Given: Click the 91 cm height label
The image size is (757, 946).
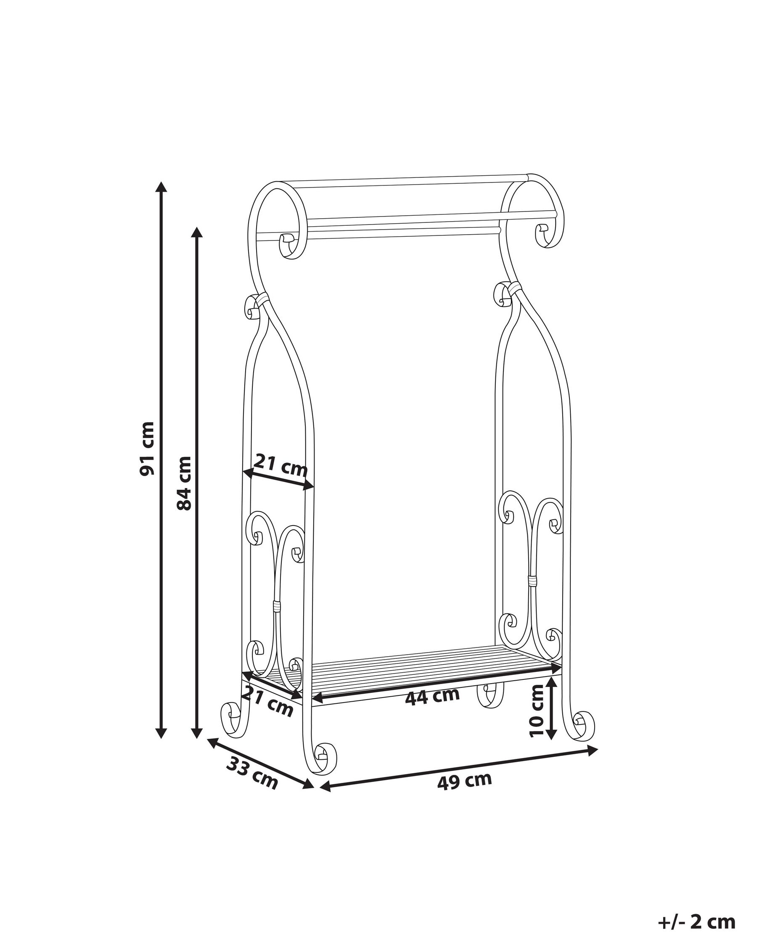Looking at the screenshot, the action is [147, 448].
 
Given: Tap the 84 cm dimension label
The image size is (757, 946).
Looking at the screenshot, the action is [183, 483].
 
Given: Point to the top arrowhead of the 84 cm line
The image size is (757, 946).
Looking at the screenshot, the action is [198, 232].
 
